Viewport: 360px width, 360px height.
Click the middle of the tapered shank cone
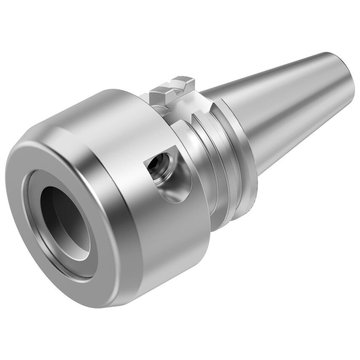click(270, 105)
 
